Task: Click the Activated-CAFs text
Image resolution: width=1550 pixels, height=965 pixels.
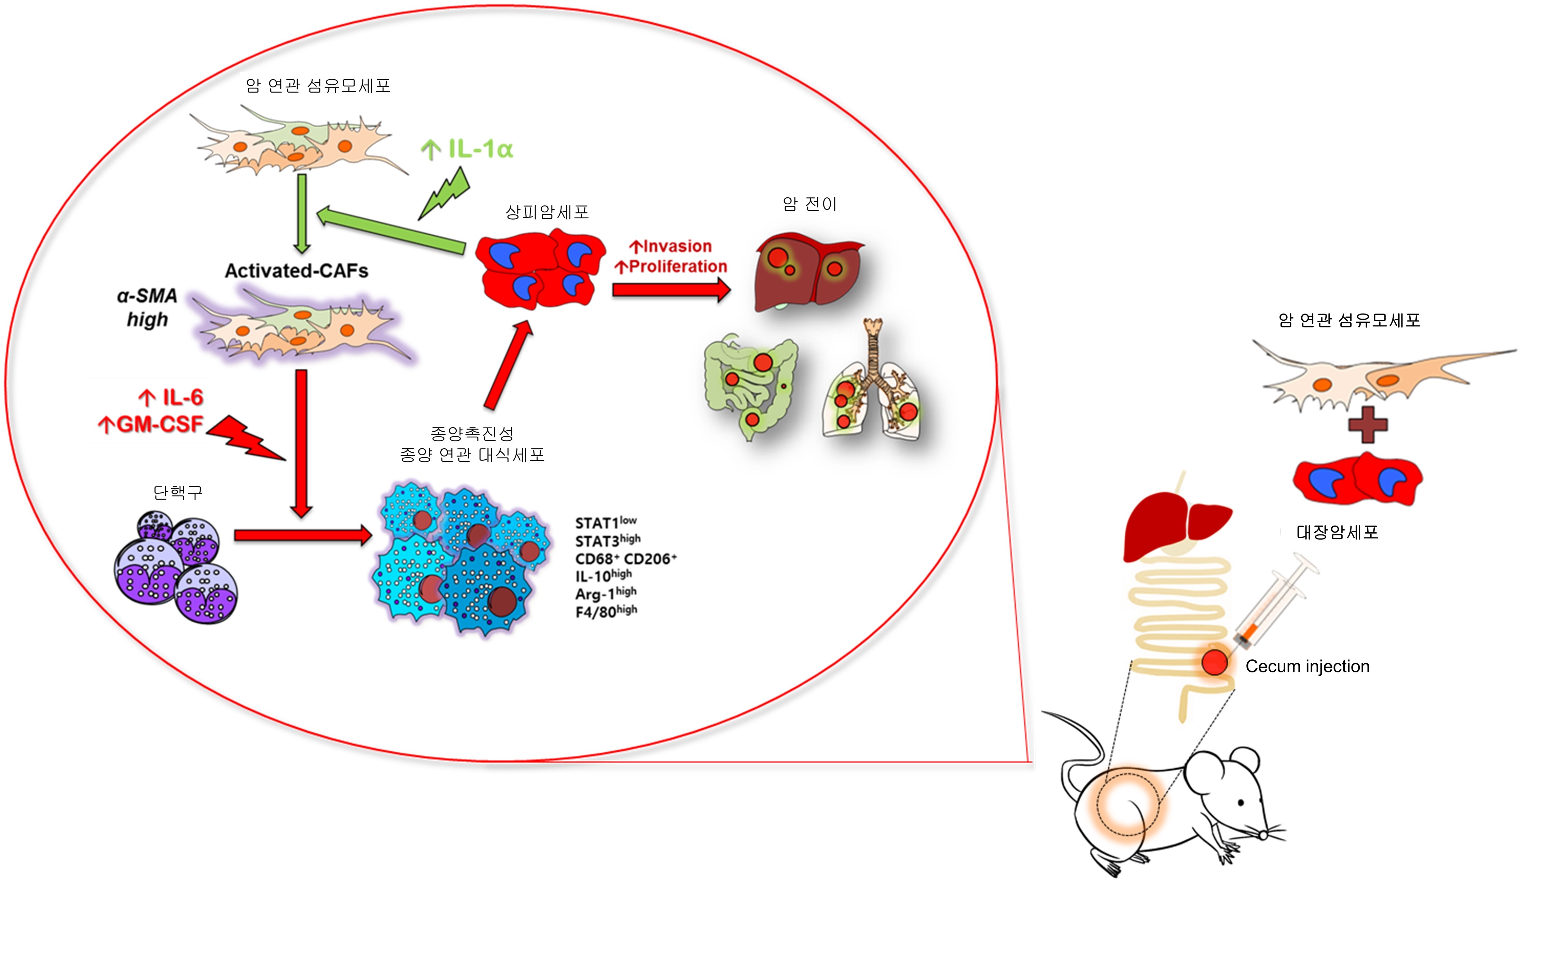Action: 296,270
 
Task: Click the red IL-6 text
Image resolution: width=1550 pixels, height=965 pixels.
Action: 171,397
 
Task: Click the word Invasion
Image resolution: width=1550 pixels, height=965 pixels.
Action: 671,246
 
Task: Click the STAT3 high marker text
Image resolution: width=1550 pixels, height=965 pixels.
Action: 607,541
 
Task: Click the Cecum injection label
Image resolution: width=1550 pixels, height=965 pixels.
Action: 1307,666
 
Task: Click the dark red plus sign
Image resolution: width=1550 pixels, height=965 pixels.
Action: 1367,424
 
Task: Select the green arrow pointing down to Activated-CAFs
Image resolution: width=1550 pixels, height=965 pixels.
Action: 302,214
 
